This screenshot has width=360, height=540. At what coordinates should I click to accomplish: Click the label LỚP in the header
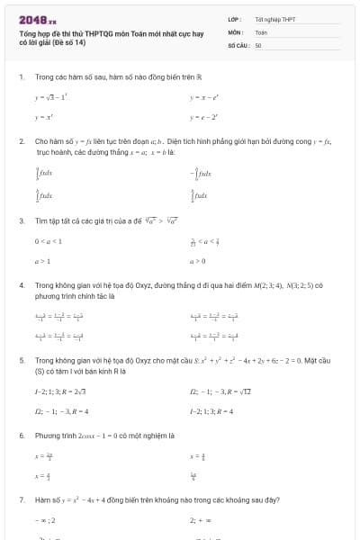[235, 19]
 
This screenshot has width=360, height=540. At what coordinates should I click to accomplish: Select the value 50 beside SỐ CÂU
[258, 44]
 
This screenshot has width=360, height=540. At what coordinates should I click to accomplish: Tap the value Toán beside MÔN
[261, 31]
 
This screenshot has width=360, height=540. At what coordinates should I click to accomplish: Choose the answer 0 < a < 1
[49, 240]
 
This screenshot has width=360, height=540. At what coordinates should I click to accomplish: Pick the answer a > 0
[198, 262]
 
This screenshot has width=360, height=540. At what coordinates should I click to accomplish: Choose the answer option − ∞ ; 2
[46, 519]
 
